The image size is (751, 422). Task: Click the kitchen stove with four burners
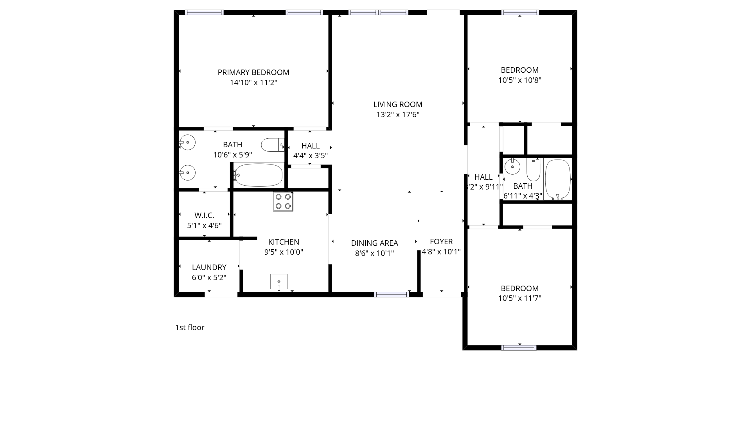pyautogui.click(x=283, y=202)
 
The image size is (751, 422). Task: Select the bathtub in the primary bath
pyautogui.click(x=259, y=175)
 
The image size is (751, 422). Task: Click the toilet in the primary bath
pyautogui.click(x=273, y=145)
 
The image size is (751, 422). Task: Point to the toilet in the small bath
pyautogui.click(x=533, y=169)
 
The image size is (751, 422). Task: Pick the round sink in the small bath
pyautogui.click(x=512, y=166)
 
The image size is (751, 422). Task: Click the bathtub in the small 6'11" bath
pyautogui.click(x=558, y=179)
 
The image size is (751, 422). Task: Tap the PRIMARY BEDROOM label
pyautogui.click(x=253, y=72)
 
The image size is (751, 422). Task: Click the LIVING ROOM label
pyautogui.click(x=398, y=104)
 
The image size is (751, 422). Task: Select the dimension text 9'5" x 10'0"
pyautogui.click(x=284, y=252)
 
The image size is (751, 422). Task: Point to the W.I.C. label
pyautogui.click(x=204, y=215)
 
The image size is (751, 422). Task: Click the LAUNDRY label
pyautogui.click(x=209, y=267)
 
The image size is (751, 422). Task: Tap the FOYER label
pyautogui.click(x=441, y=241)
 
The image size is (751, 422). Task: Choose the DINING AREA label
pyautogui.click(x=374, y=243)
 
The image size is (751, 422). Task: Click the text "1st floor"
pyautogui.click(x=190, y=327)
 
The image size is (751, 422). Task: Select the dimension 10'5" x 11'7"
pyautogui.click(x=519, y=299)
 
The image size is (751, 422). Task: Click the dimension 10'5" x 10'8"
pyautogui.click(x=519, y=80)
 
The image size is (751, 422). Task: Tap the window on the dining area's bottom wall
pyautogui.click(x=392, y=295)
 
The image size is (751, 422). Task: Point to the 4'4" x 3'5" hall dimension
pyautogui.click(x=311, y=156)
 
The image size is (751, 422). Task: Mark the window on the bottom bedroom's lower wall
pyautogui.click(x=519, y=348)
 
